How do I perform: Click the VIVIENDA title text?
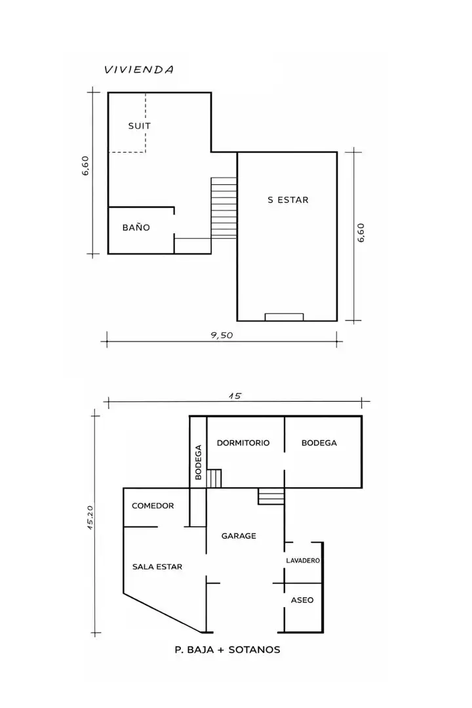click(139, 69)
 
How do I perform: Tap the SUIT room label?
click(139, 126)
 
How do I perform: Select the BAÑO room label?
click(136, 227)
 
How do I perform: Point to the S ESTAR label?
click(288, 199)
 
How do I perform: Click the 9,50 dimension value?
click(222, 336)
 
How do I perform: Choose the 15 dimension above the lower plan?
click(235, 396)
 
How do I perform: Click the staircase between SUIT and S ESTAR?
click(224, 208)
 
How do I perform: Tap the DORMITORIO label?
click(243, 443)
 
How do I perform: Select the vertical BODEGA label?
click(198, 462)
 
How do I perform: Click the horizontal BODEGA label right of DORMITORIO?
click(319, 443)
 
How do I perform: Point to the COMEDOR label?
click(153, 505)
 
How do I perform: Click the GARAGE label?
click(239, 536)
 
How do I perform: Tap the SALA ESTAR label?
click(157, 566)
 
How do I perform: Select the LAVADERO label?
click(303, 560)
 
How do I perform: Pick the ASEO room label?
click(302, 600)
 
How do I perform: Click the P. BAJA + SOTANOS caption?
click(227, 650)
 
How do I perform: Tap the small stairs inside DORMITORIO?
click(214, 479)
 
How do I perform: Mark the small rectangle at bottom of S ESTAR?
click(284, 317)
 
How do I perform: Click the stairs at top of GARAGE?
click(271, 496)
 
